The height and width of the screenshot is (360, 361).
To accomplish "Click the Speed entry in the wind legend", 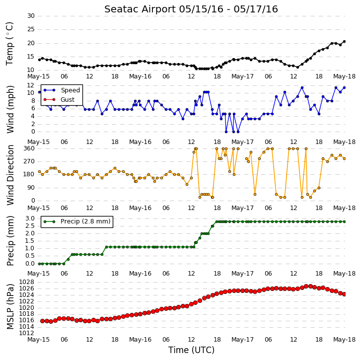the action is [x=62, y=90].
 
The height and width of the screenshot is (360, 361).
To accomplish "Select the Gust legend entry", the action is [x=59, y=100].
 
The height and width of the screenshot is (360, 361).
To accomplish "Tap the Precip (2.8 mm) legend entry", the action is [x=77, y=221].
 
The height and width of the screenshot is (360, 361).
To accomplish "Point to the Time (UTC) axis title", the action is [x=191, y=350].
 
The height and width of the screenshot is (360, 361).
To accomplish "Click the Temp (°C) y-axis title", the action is [x=9, y=44].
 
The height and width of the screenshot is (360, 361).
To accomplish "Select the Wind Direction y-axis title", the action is [x=10, y=175].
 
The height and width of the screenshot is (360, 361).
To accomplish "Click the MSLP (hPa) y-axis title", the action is [x=10, y=306].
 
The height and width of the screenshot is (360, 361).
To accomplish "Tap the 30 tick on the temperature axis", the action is [x=31, y=16].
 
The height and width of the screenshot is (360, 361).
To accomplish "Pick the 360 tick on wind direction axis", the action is [x=29, y=148].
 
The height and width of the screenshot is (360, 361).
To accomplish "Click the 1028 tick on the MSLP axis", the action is [x=26, y=282].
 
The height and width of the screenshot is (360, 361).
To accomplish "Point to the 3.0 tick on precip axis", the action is [x=30, y=218].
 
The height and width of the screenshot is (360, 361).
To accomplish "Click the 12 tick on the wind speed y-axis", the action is [x=31, y=85].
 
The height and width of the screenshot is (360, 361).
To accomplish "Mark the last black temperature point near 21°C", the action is [x=344, y=42].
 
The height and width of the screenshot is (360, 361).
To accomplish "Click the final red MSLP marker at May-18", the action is [x=344, y=294].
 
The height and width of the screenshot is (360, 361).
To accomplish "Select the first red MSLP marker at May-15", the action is [x=42, y=321].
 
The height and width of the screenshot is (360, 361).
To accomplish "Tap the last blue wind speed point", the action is [x=344, y=88].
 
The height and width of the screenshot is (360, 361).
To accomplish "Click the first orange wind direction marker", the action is [x=39, y=171].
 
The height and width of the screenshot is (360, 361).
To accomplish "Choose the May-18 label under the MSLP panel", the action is [x=345, y=340].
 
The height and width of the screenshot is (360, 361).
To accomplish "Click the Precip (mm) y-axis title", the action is [x=10, y=241].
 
